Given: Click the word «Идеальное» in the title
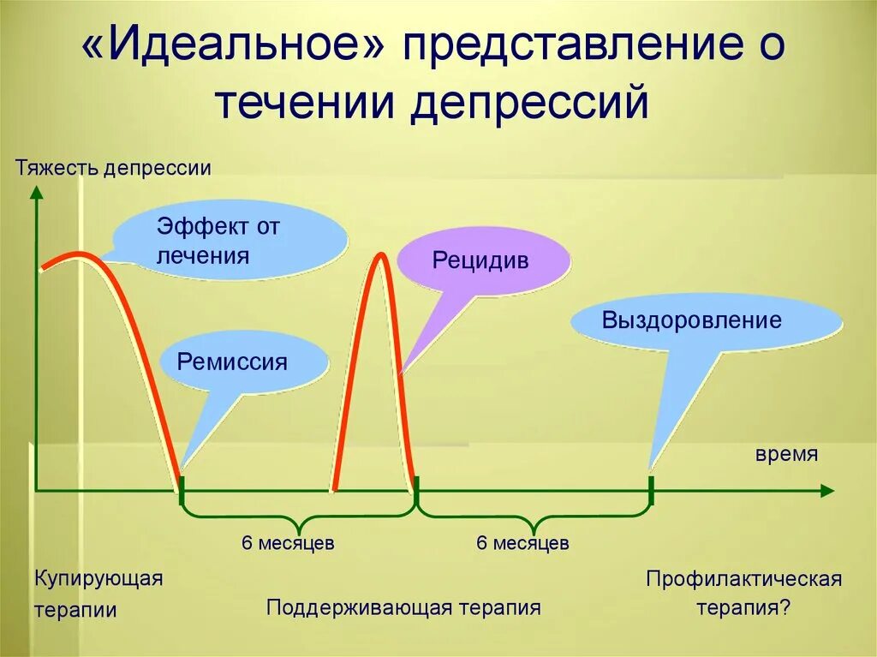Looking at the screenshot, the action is [233, 50].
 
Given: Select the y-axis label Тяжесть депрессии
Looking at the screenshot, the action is [113, 167].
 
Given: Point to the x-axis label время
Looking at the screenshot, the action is [786, 454].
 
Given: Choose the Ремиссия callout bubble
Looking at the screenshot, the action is [232, 361].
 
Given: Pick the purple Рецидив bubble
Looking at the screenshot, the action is [480, 261].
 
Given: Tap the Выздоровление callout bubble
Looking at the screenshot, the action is [691, 321].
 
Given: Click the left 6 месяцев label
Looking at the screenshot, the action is [288, 543].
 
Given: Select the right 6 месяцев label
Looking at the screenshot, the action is [522, 543].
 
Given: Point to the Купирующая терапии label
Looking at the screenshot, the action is [98, 594].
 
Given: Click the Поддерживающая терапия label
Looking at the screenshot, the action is [403, 608].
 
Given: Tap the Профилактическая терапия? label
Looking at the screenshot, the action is [743, 594].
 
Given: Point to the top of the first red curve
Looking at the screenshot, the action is [79, 254].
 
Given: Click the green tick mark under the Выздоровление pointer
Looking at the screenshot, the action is [651, 491].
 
